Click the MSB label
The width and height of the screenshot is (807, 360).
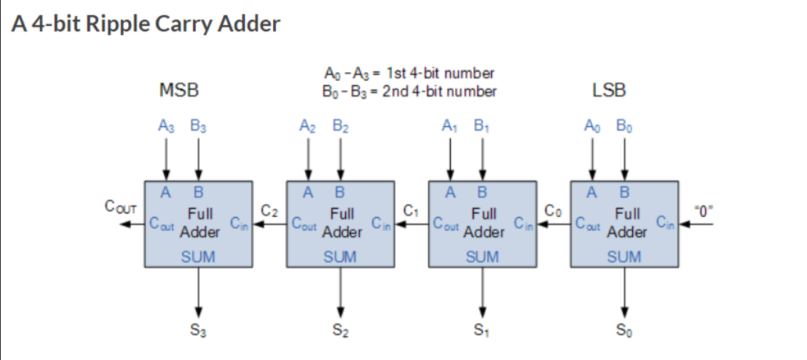(x=178, y=90)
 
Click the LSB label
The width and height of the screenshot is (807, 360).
(x=609, y=90)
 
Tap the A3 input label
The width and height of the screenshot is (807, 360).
(x=167, y=126)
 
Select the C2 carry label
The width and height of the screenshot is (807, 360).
(x=269, y=211)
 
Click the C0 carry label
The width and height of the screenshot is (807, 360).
(x=554, y=211)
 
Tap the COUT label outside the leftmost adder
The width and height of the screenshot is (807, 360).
(x=121, y=208)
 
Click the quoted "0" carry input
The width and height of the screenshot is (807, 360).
(x=704, y=211)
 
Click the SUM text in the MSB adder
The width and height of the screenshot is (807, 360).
(x=198, y=257)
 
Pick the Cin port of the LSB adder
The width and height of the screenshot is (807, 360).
(x=665, y=223)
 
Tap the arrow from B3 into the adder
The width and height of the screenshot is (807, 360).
(x=199, y=158)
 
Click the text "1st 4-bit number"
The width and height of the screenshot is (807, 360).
(x=441, y=74)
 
